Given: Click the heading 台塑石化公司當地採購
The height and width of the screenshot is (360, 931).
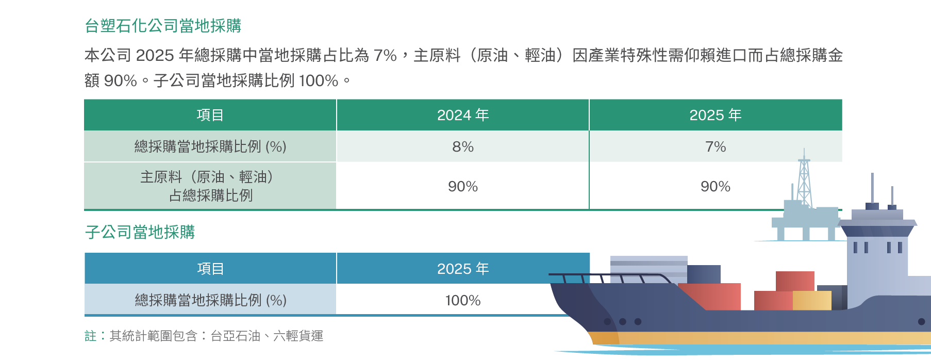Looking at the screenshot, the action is click(163, 26).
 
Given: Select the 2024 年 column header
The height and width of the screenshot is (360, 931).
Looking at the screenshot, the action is click(463, 115).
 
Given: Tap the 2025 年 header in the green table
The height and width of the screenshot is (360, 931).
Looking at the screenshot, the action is click(716, 115).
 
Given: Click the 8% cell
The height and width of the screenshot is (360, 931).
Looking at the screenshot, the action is click(463, 147).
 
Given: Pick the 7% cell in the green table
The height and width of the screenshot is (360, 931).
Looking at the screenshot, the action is click(716, 147).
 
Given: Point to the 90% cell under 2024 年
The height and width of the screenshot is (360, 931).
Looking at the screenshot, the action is click(463, 187).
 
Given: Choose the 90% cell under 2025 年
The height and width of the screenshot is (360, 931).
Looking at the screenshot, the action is click(716, 187).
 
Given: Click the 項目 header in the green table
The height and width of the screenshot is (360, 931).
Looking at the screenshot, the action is click(210, 115).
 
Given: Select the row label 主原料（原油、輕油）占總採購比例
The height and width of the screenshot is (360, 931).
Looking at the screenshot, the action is click(210, 186).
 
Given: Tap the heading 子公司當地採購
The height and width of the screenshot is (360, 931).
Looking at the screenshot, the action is click(140, 232).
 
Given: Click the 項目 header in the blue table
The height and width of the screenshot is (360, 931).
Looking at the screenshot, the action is click(210, 269).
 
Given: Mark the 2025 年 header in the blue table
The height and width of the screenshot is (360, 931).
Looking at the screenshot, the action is click(463, 269).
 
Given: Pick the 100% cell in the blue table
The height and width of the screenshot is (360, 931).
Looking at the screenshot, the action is click(463, 301).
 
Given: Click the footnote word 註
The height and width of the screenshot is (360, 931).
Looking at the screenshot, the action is click(90, 336).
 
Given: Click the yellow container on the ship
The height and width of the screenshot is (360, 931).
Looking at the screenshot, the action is click(812, 300).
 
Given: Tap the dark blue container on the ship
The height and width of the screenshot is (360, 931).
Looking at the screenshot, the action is click(704, 274).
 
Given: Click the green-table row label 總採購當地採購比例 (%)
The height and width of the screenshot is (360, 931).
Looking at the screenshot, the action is click(210, 147).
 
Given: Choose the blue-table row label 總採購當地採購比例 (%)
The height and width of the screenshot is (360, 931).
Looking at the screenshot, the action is click(210, 301).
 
